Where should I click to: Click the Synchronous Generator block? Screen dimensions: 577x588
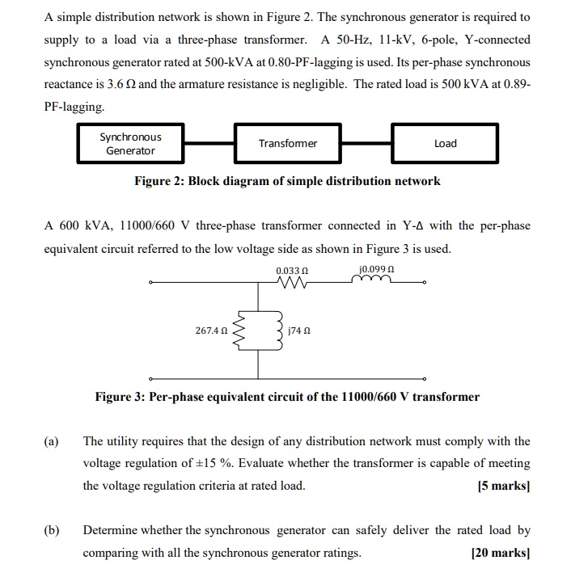pyautogui.click(x=130, y=144)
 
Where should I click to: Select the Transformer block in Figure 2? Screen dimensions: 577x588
pyautogui.click(x=287, y=144)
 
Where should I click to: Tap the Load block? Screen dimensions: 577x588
pyautogui.click(x=445, y=144)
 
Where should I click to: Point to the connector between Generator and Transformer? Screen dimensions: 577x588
pyautogui.click(x=209, y=143)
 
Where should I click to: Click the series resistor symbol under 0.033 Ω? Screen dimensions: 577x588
pyautogui.click(x=291, y=283)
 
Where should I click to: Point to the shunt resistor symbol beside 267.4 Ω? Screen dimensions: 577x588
pyautogui.click(x=239, y=330)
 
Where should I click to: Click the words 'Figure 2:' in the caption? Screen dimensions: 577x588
pyautogui.click(x=159, y=181)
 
